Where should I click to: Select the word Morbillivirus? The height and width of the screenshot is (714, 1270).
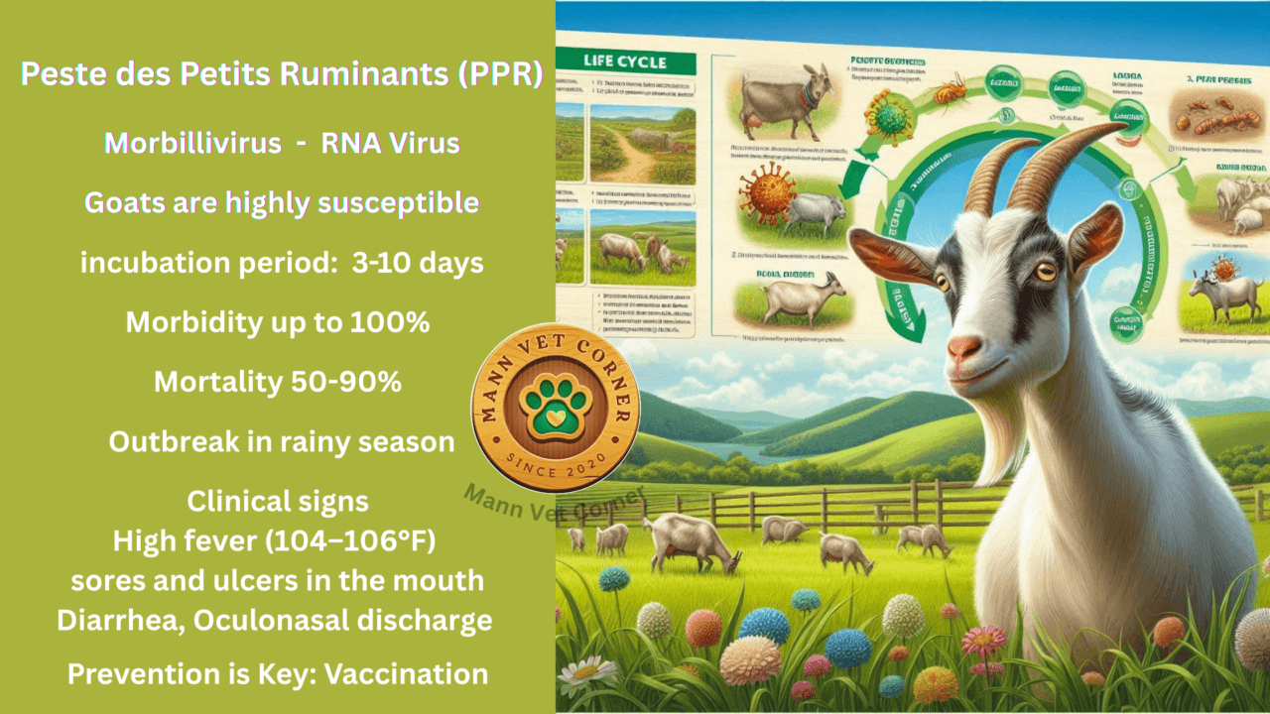[192, 143]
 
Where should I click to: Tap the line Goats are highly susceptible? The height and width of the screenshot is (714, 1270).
[281, 203]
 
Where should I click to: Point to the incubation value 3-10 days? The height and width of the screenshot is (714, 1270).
[418, 264]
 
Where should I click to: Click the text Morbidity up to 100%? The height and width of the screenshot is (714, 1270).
[278, 323]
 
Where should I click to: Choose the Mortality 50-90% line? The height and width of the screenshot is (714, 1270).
[278, 383]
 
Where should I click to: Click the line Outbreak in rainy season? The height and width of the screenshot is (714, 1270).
[281, 442]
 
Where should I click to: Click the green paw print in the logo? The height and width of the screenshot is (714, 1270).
[555, 406]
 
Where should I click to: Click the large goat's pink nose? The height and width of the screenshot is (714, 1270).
[963, 348]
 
